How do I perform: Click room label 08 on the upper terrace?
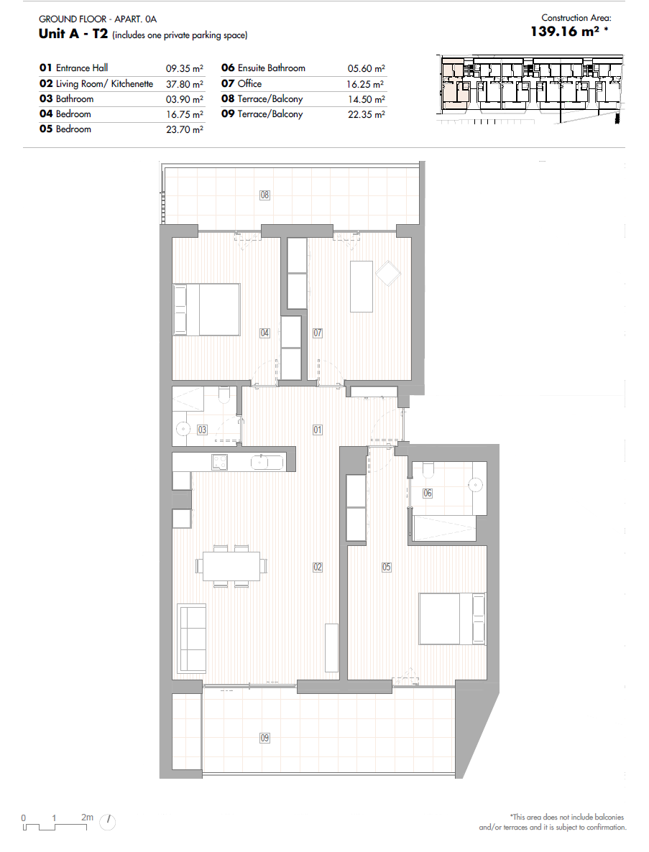click(264, 195)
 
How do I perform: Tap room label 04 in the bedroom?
click(264, 333)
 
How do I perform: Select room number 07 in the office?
click(318, 333)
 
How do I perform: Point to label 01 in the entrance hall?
click(318, 430)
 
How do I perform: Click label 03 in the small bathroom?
click(202, 430)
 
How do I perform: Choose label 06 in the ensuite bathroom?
click(428, 493)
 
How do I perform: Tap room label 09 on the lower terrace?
click(264, 738)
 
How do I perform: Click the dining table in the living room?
click(231, 566)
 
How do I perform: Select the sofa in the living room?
click(191, 638)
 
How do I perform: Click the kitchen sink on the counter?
click(267, 463)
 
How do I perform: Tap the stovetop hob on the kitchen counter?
click(220, 463)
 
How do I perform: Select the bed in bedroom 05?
click(451, 619)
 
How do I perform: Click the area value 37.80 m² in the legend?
click(185, 84)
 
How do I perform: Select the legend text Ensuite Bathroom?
click(272, 68)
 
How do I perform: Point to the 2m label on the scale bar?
click(88, 818)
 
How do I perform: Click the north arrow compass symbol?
click(108, 822)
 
